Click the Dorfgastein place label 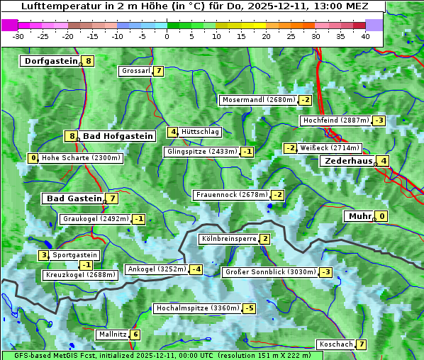(50, 61)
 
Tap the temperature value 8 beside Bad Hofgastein (70, 136)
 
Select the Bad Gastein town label (74, 198)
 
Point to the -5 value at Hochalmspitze (249, 308)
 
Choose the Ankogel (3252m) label (157, 269)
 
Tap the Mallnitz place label (113, 334)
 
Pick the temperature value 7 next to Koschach (362, 344)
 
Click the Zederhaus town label (348, 161)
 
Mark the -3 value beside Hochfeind (379, 120)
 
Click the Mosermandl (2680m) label (258, 100)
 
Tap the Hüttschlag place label (201, 132)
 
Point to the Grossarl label (136, 71)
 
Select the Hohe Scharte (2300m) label (81, 158)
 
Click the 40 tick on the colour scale (365, 35)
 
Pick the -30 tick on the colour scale (18, 35)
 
